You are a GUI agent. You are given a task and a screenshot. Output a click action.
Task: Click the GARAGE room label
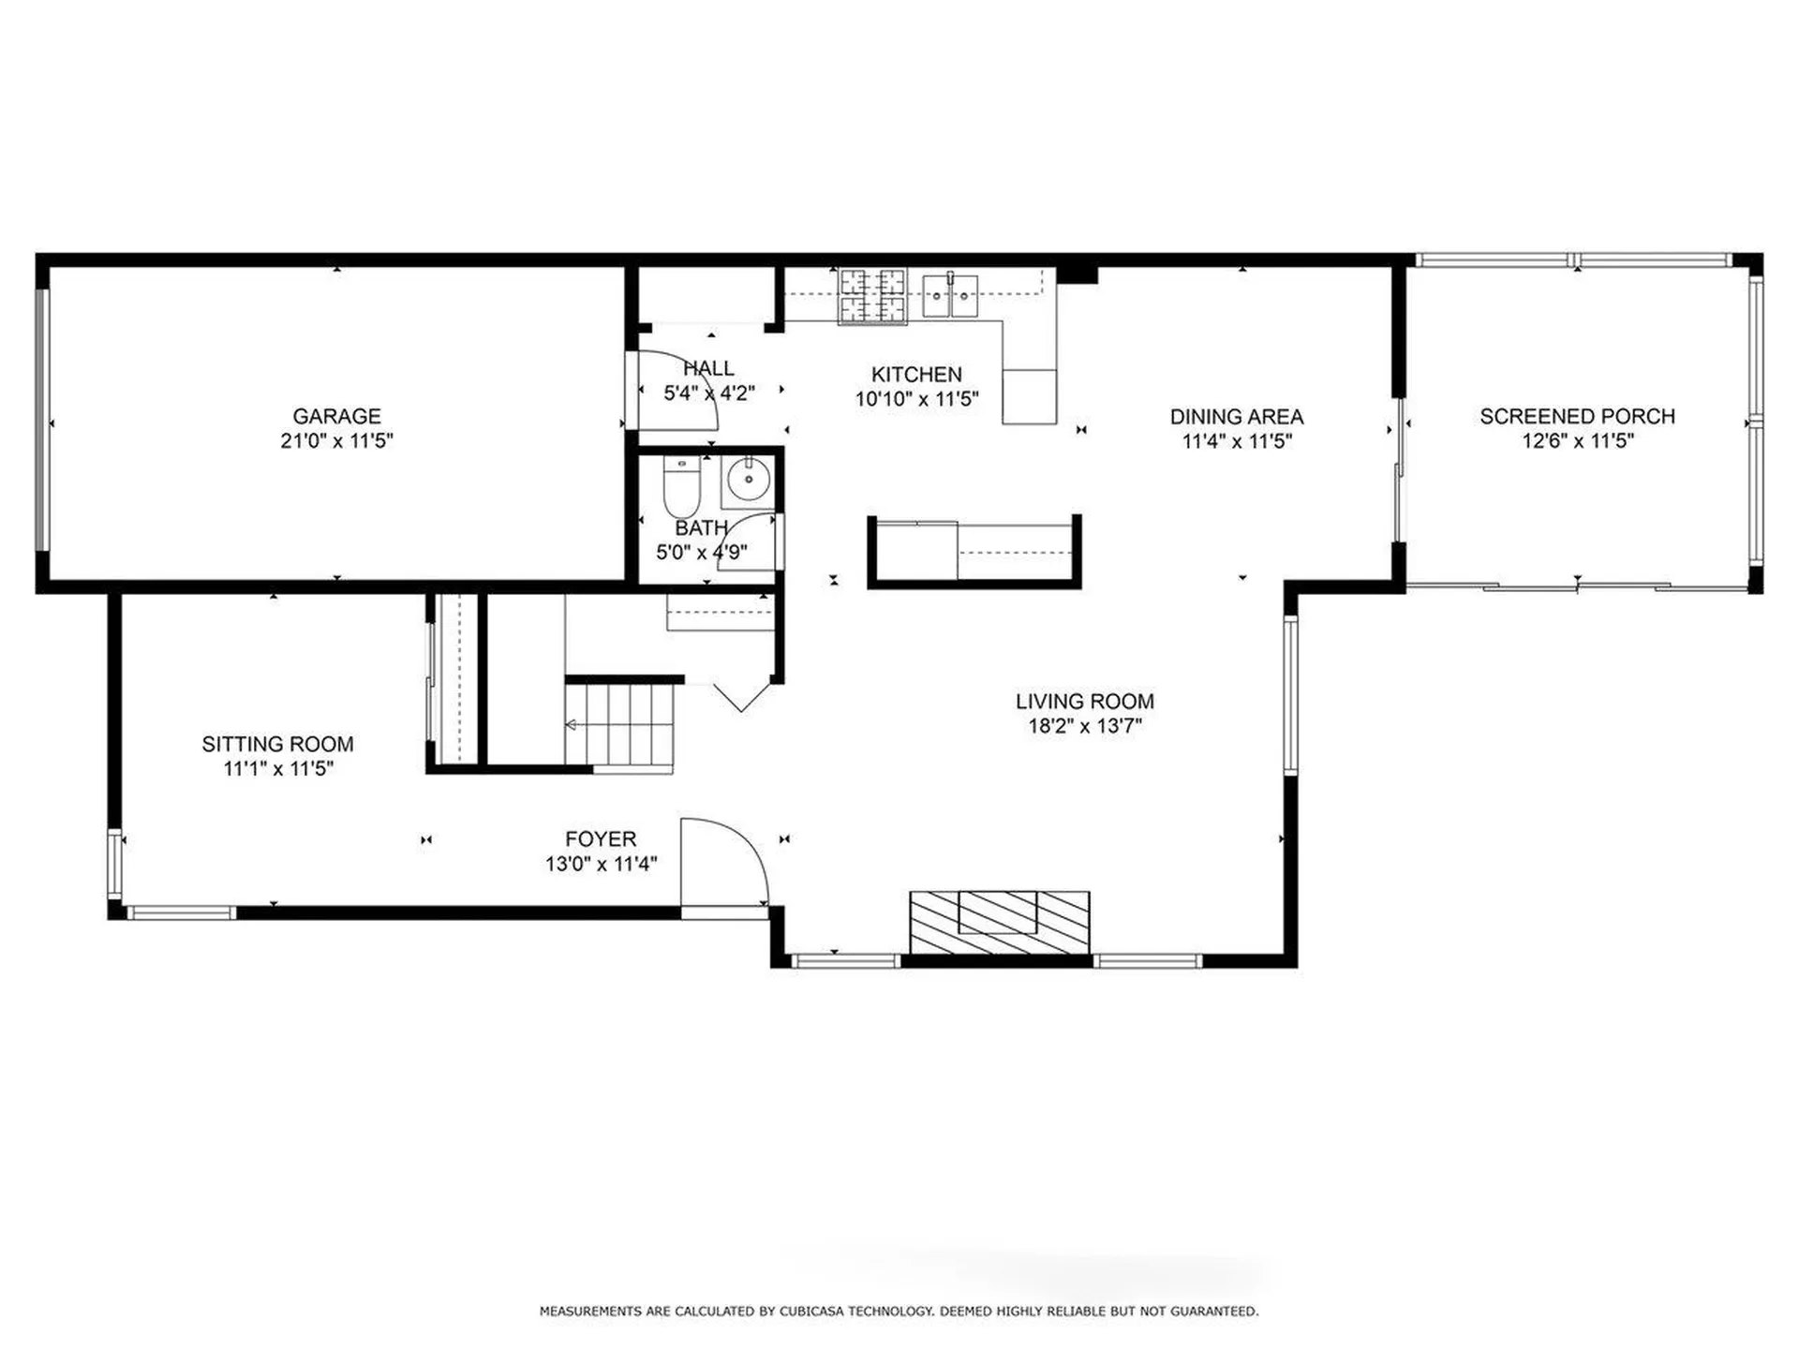tap(336, 416)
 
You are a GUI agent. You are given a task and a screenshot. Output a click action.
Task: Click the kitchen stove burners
tap(872, 295)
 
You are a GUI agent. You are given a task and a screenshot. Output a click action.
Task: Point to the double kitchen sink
tap(950, 295)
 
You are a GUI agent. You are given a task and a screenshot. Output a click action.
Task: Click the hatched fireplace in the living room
tap(999, 923)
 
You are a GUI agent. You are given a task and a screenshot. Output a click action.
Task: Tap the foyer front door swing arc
tap(740, 848)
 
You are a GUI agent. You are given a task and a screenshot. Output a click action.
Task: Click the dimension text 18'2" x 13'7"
tap(1085, 726)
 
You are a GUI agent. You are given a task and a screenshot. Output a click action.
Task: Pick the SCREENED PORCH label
tap(1577, 416)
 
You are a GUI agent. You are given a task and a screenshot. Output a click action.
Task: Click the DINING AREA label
tap(1236, 416)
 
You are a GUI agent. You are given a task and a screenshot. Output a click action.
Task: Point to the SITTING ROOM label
tap(277, 744)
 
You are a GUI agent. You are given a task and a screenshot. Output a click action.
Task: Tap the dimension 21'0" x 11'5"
tap(336, 440)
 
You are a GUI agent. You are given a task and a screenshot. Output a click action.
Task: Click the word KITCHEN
tap(916, 374)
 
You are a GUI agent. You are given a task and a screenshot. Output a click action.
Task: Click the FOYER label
tap(601, 839)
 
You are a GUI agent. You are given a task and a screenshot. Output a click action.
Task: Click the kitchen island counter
tap(974, 553)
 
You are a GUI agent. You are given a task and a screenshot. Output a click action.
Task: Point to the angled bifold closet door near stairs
tap(742, 695)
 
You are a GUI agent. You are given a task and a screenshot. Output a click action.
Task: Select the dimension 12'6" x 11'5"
tap(1577, 440)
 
